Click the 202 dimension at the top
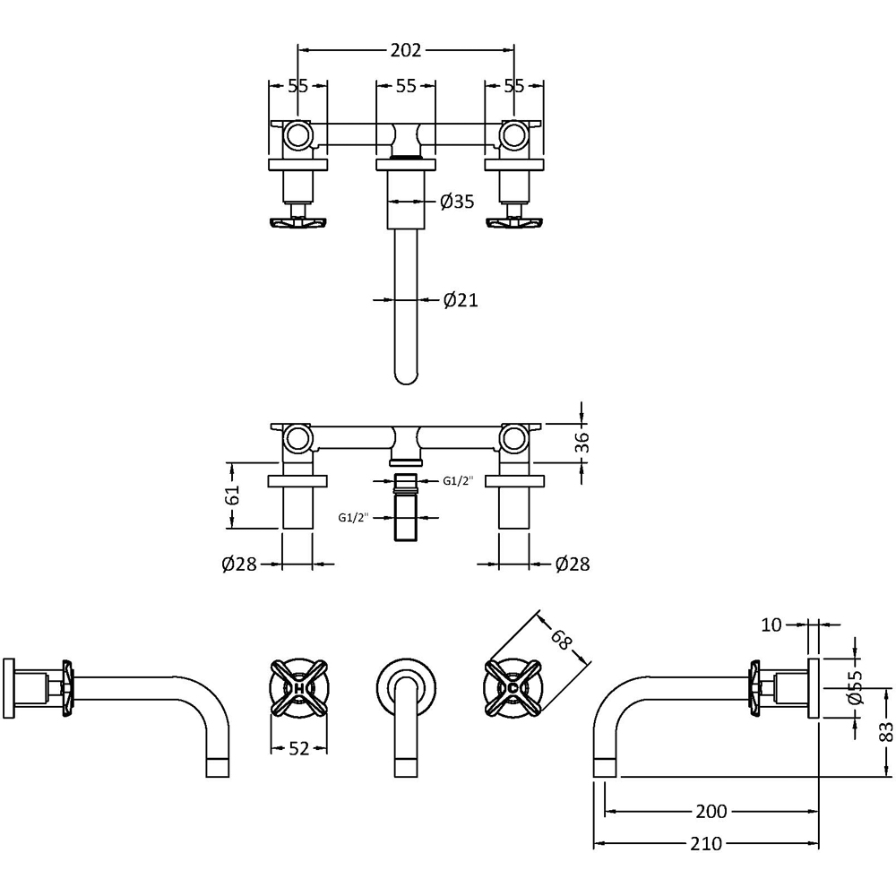[x=405, y=50]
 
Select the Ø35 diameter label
[x=457, y=202]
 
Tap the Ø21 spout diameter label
[x=460, y=301]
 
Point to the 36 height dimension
[x=582, y=442]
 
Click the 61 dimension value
[x=233, y=495]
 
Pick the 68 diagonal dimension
[x=562, y=640]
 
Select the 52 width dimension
[x=299, y=748]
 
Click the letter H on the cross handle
[x=299, y=688]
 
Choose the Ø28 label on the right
[x=572, y=564]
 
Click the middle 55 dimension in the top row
[x=405, y=86]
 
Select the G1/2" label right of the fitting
[x=457, y=482]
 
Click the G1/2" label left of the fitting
[x=353, y=517]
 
